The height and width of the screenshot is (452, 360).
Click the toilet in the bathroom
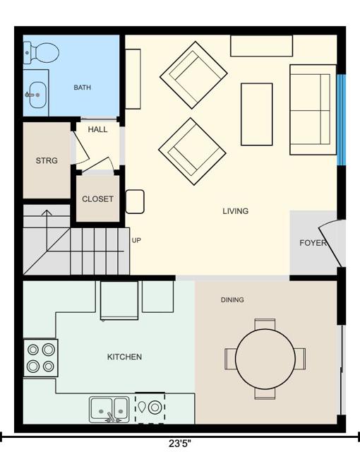(x=41, y=53)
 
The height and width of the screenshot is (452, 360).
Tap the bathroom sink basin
(x=37, y=95)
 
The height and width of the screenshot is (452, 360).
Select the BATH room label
(x=82, y=88)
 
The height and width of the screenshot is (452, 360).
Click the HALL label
(x=97, y=129)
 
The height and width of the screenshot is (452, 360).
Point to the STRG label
(x=47, y=160)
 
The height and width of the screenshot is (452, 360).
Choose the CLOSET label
(x=97, y=199)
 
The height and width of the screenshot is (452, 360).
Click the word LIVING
(x=235, y=211)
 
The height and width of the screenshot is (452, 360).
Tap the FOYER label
(x=313, y=243)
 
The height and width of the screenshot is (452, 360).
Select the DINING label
(x=232, y=299)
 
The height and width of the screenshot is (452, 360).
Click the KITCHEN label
(x=124, y=357)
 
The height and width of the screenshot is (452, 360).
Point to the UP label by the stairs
(x=136, y=240)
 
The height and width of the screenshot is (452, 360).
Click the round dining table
(x=265, y=359)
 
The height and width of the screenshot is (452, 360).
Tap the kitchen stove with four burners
(x=41, y=358)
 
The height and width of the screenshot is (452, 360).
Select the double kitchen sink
(x=109, y=410)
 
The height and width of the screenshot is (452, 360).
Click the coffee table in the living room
(x=257, y=114)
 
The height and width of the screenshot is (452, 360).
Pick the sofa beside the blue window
(x=313, y=109)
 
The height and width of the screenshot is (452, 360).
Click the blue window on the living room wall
(x=341, y=120)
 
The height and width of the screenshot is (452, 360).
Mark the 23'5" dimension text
(x=180, y=444)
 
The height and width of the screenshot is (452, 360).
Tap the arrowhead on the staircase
(x=47, y=213)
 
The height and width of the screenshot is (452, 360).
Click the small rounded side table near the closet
(x=135, y=201)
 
